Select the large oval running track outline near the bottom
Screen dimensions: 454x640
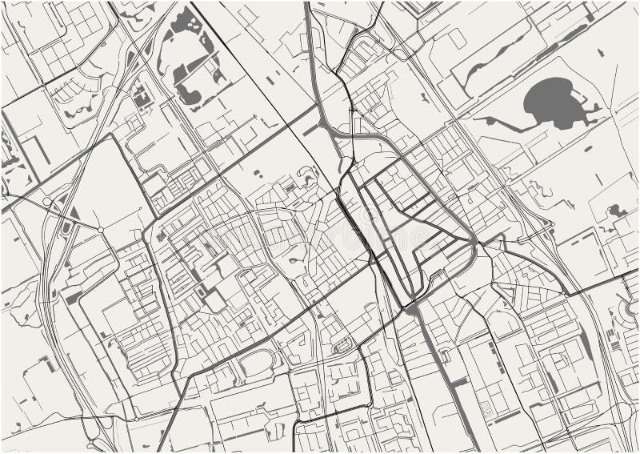click(x=249, y=368)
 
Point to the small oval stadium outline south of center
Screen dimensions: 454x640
click(x=342, y=346)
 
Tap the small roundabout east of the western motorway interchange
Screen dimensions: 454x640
click(x=101, y=230)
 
